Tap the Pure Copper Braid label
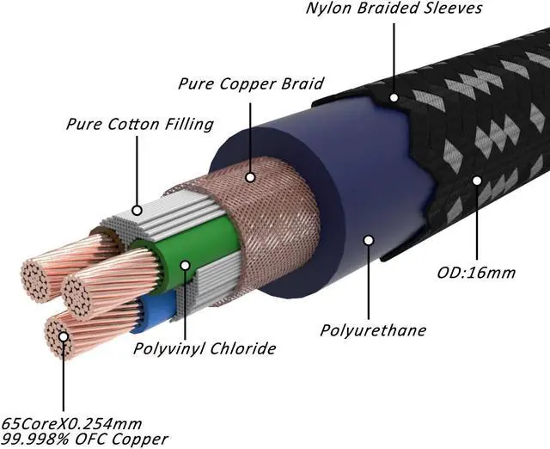point(251,84)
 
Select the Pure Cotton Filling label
point(139,124)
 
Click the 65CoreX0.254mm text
point(71,424)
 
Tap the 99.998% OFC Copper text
point(84,440)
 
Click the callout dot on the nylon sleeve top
point(394,97)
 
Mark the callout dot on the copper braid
point(250,177)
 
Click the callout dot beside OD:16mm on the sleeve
point(476,181)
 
